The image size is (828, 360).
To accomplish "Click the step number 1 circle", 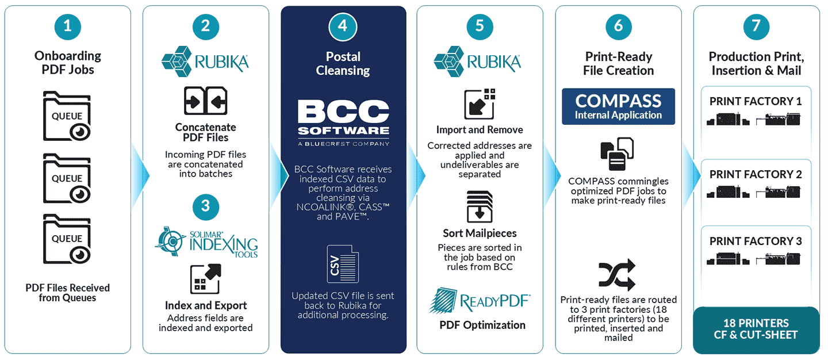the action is click(68, 26).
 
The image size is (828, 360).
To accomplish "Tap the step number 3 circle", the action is click(205, 206).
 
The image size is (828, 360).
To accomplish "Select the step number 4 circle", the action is click(343, 26).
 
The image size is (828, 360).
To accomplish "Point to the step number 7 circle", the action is click(756, 26).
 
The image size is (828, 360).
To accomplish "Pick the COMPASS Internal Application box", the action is click(618, 106).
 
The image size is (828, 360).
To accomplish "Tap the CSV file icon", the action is click(343, 264).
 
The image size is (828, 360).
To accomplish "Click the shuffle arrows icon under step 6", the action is click(617, 275).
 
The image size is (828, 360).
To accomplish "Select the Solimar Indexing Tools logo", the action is click(206, 242).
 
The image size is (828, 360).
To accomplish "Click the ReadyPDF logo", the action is click(480, 301).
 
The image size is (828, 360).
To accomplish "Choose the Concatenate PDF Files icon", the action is click(205, 101).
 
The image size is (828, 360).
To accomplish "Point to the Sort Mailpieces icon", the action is click(480, 206).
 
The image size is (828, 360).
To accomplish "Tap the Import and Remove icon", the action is click(480, 104).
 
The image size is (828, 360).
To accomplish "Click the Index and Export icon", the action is click(205, 279).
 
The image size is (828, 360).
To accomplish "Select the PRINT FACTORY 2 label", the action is click(756, 174).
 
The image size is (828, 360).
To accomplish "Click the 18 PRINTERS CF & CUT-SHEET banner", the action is click(756, 330).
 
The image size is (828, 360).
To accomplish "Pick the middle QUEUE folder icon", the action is click(67, 178).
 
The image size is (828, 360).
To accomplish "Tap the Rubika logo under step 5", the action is click(477, 62).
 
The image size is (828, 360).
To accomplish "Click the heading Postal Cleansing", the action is click(343, 64).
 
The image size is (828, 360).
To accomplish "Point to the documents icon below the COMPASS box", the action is click(617, 154).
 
